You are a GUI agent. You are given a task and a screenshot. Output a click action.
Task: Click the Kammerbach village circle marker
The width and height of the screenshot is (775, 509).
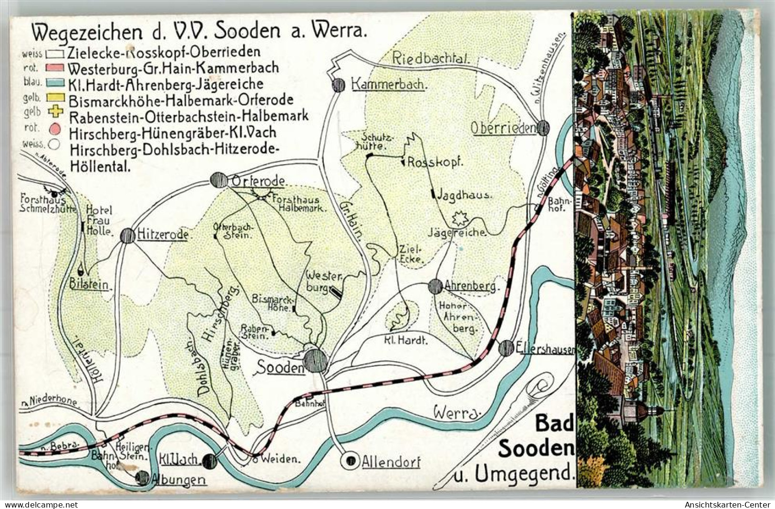(x=339, y=85)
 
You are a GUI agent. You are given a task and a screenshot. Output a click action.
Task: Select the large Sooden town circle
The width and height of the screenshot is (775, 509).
(x=315, y=361)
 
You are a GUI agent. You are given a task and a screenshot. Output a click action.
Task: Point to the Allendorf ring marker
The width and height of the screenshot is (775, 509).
(x=351, y=460)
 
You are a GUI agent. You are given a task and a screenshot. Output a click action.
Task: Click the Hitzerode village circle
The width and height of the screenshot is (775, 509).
(x=127, y=235)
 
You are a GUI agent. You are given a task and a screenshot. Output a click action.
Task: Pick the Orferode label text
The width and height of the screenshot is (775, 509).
(x=258, y=181)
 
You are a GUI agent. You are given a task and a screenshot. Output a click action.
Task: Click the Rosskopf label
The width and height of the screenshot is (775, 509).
(x=437, y=162)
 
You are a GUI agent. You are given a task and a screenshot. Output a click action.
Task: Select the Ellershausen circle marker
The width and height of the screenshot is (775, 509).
(x=506, y=348)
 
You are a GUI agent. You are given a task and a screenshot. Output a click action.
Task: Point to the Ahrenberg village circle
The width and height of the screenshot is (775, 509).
(x=435, y=286)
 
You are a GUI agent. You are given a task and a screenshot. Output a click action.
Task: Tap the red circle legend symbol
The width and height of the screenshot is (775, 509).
(x=56, y=129)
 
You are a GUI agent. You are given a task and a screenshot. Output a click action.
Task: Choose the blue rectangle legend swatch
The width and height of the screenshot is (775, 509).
(x=55, y=83)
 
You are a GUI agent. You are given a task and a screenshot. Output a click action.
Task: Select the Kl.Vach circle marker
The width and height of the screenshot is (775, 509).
(x=209, y=461)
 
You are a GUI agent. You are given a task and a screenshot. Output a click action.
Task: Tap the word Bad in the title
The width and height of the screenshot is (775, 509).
(x=553, y=423)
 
